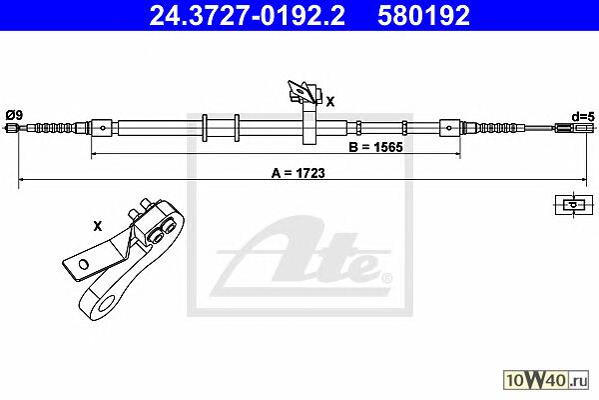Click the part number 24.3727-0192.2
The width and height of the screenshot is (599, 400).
pos(247,15)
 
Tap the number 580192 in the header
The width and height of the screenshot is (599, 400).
pos(423,15)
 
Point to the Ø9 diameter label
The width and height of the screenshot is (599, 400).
pos(15,114)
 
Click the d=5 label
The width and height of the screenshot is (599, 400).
pos(583,117)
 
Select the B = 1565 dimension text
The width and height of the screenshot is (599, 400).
pos(375,147)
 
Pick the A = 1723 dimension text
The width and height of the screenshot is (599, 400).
pos(298,173)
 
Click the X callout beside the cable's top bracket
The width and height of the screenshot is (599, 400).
pos(330,101)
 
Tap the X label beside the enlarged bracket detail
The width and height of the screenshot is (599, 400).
pos(98,226)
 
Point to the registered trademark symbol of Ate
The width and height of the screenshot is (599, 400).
pos(386,278)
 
